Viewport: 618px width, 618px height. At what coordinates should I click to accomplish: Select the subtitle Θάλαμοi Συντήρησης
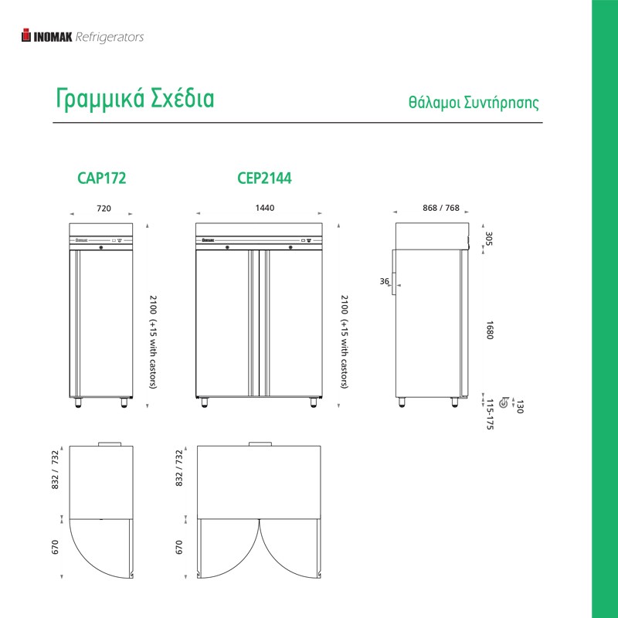[x=474, y=103]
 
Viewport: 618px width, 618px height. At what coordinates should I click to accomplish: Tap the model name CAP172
[x=102, y=178]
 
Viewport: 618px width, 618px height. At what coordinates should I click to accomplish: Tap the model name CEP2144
[x=264, y=178]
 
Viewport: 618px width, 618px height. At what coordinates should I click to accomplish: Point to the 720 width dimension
[x=104, y=208]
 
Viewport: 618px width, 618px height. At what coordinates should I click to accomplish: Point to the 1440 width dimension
[x=265, y=208]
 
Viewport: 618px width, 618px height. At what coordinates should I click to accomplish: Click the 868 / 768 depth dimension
[x=441, y=208]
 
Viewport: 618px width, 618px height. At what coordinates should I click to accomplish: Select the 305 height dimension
[x=489, y=239]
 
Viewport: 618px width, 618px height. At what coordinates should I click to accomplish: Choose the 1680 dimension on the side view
[x=489, y=330]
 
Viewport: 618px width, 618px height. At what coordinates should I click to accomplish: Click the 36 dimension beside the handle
[x=384, y=281]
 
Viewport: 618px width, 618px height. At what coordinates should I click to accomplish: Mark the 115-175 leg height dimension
[x=490, y=414]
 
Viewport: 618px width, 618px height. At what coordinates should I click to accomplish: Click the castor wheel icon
[x=504, y=402]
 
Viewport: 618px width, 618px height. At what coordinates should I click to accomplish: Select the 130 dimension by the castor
[x=519, y=406]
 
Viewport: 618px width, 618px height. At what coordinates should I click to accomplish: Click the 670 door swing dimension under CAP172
[x=55, y=547]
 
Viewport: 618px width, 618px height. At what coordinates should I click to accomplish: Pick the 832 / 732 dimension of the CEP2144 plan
[x=179, y=468]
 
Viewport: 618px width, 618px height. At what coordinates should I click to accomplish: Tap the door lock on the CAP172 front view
[x=101, y=247]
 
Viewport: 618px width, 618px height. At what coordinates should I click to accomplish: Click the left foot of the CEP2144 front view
[x=204, y=402]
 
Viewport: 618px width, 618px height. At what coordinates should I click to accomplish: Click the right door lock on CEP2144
[x=290, y=247]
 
